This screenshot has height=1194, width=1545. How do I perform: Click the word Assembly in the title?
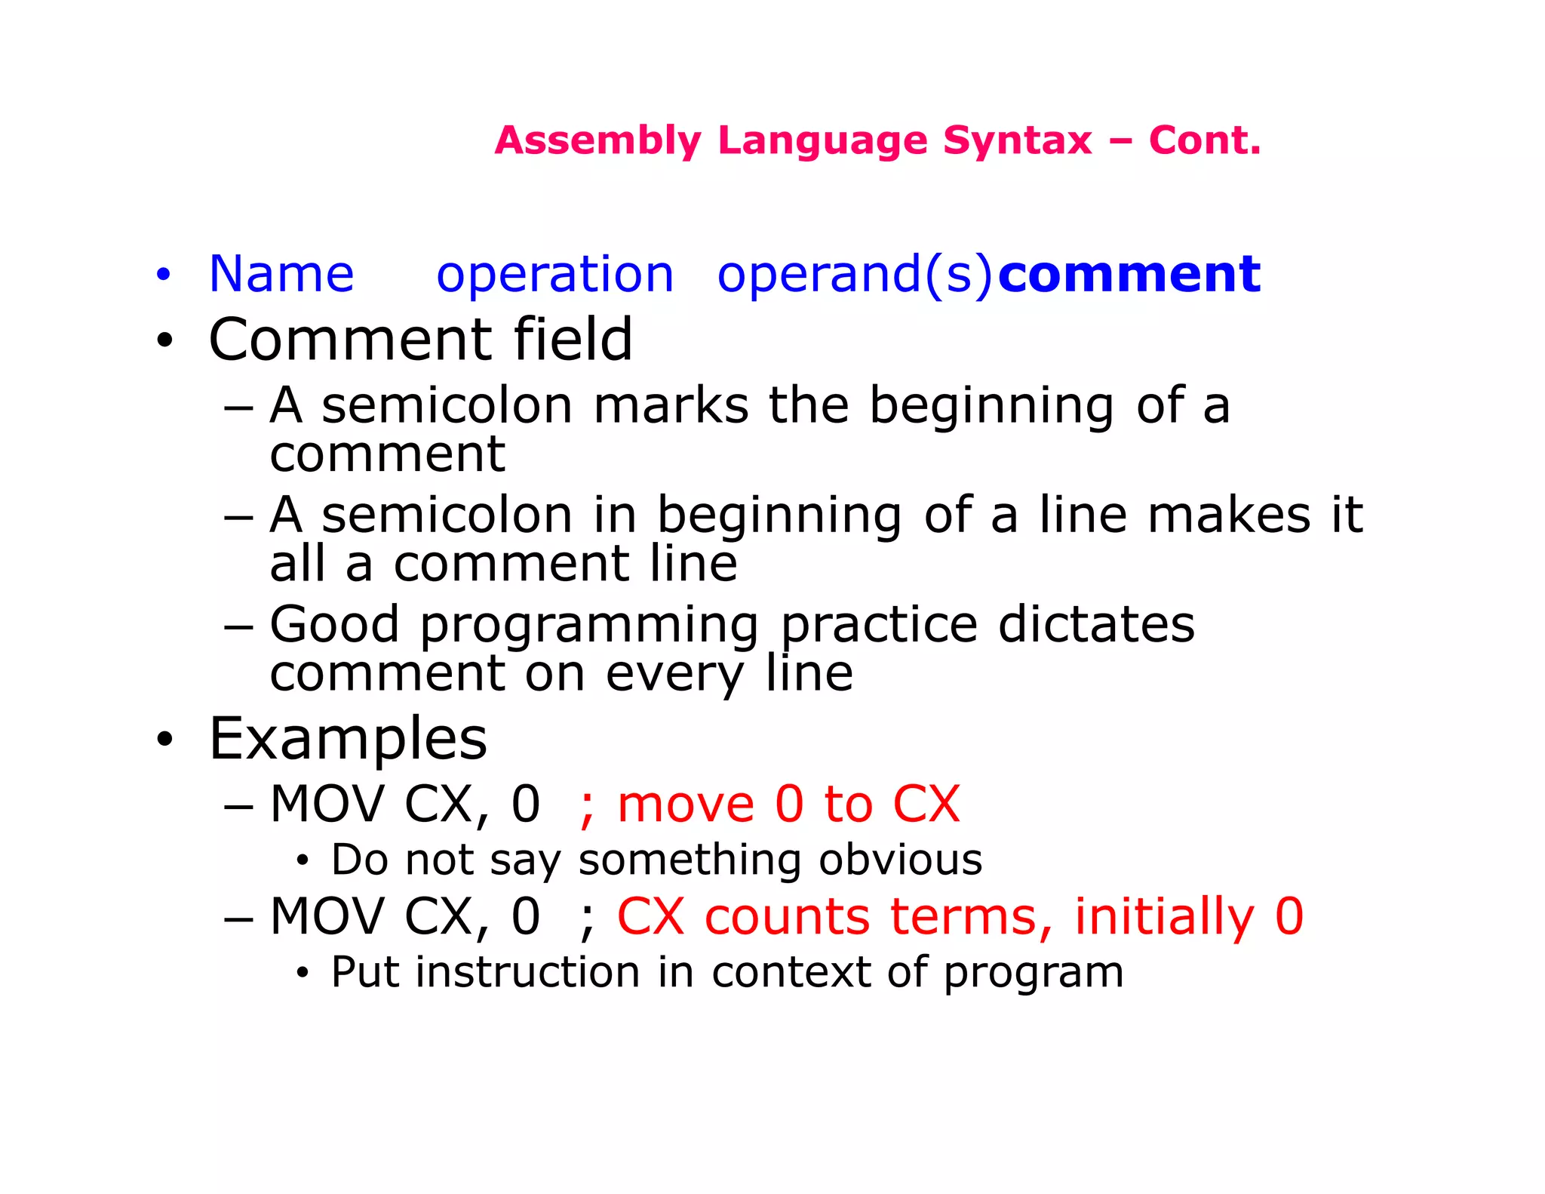click(597, 141)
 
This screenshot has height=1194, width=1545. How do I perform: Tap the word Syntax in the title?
click(1017, 141)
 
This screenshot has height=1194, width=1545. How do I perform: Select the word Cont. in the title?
click(1205, 140)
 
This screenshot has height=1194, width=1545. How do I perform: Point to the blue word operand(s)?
click(855, 275)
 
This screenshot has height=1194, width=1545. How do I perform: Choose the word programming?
click(589, 626)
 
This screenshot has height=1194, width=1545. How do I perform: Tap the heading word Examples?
click(348, 740)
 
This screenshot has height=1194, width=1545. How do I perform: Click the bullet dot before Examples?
click(164, 740)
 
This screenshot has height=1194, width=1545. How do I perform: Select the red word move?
click(685, 805)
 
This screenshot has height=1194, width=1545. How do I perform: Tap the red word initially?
click(1164, 917)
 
